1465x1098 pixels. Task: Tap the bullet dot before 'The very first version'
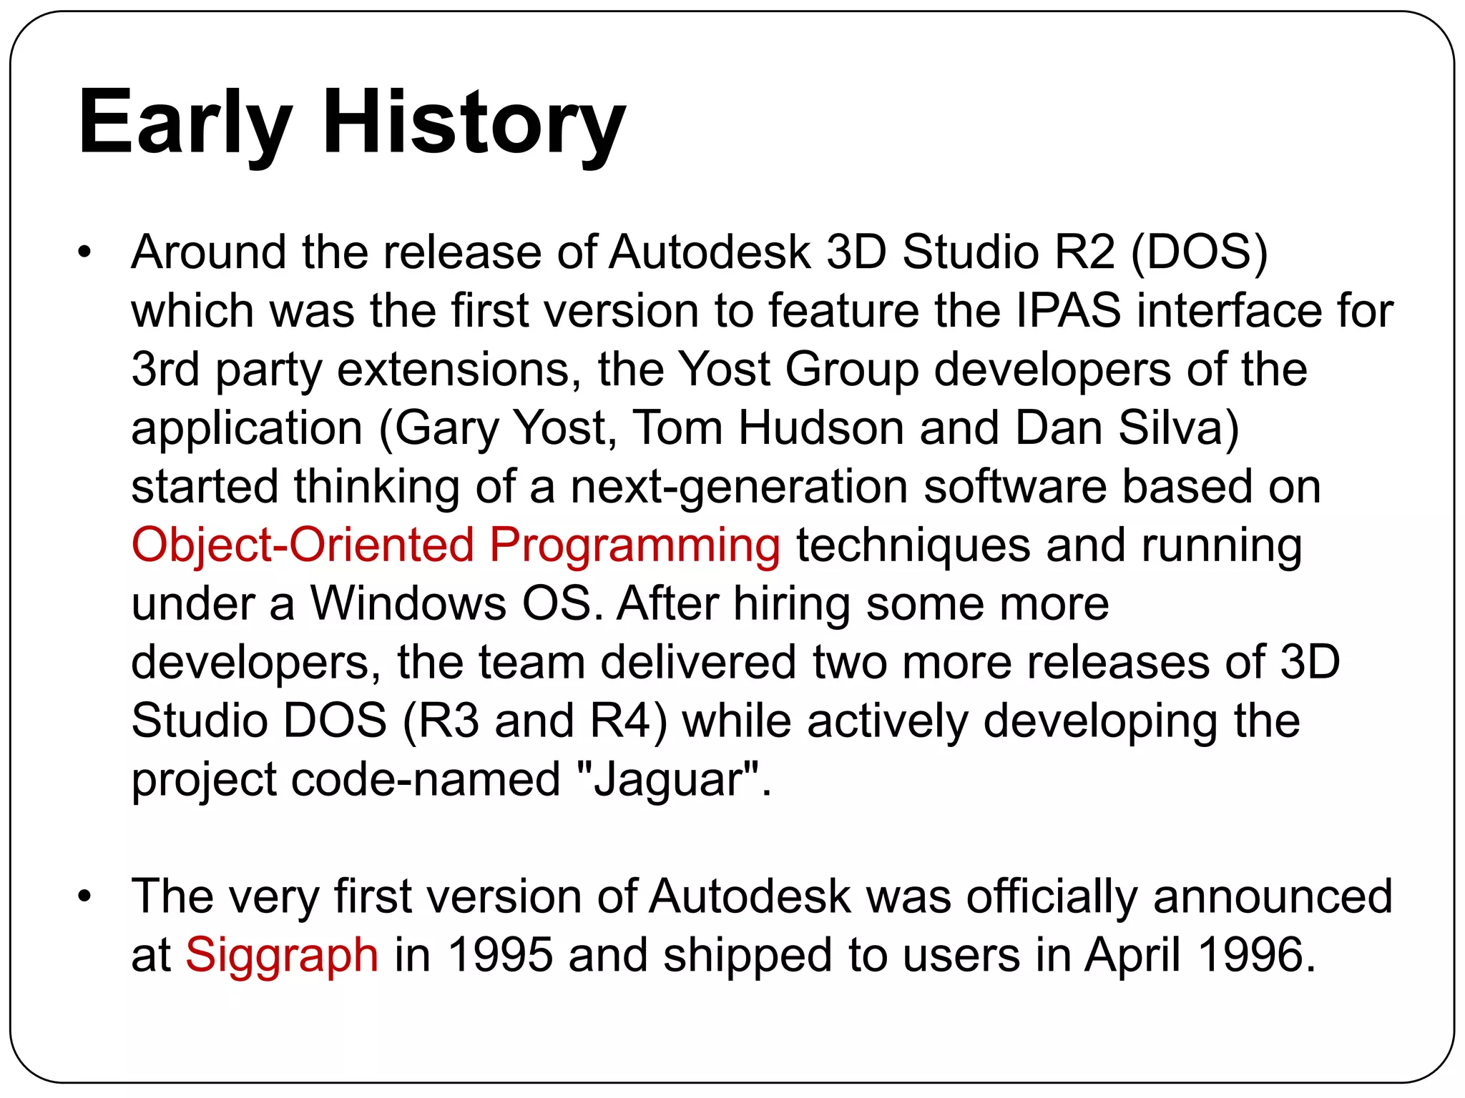(x=85, y=896)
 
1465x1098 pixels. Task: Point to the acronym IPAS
(x=1067, y=311)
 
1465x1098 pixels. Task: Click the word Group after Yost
(x=851, y=370)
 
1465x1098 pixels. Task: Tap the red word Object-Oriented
(x=303, y=545)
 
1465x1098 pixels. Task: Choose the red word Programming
(x=634, y=545)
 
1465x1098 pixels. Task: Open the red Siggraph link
(x=282, y=955)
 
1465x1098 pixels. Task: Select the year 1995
(x=500, y=955)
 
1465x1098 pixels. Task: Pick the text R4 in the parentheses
(x=621, y=721)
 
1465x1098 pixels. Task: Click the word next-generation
(x=738, y=487)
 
